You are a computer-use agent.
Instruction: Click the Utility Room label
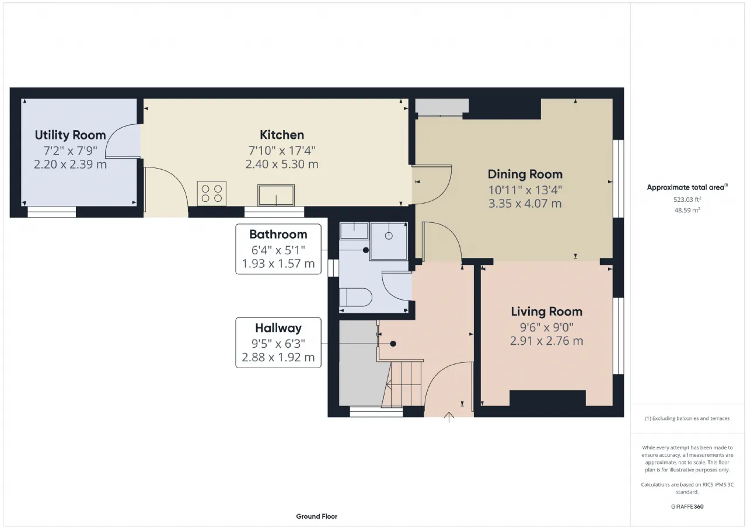point(70,135)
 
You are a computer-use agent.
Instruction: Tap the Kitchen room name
point(282,135)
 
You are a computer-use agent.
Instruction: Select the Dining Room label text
point(525,174)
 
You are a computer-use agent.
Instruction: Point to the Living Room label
point(547,312)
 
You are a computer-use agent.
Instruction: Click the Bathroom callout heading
point(278,235)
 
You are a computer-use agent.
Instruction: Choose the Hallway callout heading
point(278,328)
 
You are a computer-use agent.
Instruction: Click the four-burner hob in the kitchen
point(212,193)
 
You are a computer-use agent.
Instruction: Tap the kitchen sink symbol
point(276,195)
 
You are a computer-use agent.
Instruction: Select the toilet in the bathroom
point(355,297)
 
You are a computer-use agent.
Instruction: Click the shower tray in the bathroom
point(389,241)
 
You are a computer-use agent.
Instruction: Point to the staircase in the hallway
point(403,384)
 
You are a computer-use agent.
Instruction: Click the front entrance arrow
point(449,417)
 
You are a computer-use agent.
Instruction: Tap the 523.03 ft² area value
point(687,200)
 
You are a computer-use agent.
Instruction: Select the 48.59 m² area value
point(687,211)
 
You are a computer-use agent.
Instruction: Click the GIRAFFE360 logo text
point(687,506)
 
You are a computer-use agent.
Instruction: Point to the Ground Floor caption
point(316,516)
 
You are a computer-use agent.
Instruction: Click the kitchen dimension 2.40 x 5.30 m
point(282,164)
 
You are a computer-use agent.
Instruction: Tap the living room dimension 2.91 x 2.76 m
point(547,341)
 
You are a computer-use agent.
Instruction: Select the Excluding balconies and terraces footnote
point(687,418)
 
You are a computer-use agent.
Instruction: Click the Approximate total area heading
point(687,187)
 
